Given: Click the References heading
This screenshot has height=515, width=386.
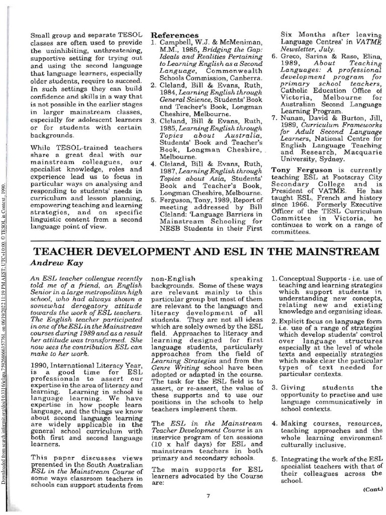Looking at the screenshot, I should click(x=174, y=35).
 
